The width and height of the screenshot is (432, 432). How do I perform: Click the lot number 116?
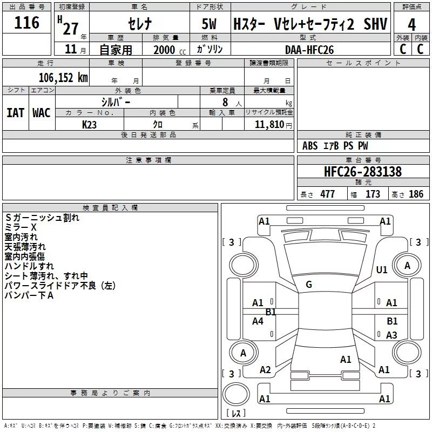click(28, 23)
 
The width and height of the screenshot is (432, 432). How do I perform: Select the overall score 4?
click(412, 25)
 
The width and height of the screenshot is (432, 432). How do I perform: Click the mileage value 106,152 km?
click(63, 78)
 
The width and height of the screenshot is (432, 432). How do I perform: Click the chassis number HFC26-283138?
click(363, 172)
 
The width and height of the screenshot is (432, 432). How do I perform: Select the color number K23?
click(89, 124)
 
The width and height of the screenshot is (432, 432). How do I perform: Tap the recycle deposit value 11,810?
click(268, 124)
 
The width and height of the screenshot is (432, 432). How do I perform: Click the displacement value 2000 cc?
click(165, 50)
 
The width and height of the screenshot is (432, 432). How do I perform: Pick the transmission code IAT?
click(15, 113)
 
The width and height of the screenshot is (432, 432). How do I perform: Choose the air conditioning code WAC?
click(41, 113)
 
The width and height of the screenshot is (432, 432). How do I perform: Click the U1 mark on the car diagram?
click(382, 269)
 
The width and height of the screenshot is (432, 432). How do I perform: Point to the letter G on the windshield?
click(309, 285)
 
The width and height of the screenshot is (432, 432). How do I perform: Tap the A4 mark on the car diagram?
click(258, 321)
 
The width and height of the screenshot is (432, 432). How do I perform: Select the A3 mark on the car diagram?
click(391, 335)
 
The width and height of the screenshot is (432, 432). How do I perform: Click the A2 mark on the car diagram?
click(265, 370)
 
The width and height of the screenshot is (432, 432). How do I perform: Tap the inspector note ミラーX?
click(21, 227)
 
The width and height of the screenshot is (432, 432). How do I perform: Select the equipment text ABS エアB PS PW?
click(335, 146)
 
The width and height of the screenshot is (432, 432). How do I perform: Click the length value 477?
click(327, 194)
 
